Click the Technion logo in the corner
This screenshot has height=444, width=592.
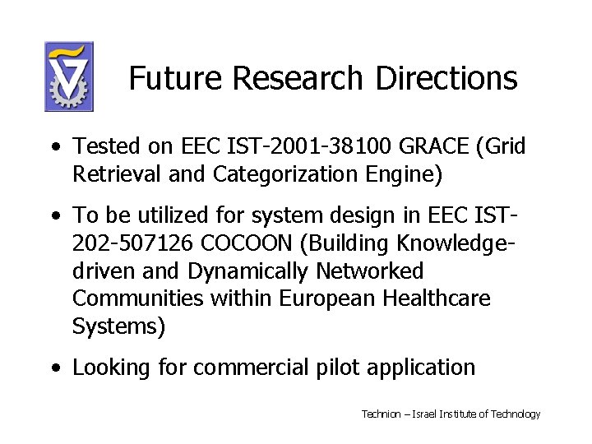pyautogui.click(x=69, y=76)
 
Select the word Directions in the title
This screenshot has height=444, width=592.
pyautogui.click(x=446, y=78)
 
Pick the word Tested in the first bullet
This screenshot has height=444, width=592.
pyautogui.click(x=100, y=147)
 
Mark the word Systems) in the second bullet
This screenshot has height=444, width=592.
pyautogui.click(x=119, y=326)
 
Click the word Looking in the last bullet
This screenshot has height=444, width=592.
pyautogui.click(x=110, y=368)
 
